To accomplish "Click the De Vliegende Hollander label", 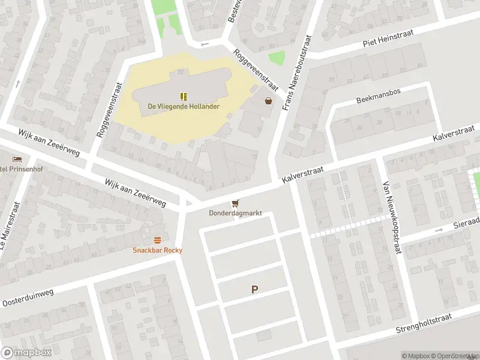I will tap(184, 107).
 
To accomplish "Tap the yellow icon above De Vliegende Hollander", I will tap(184, 96).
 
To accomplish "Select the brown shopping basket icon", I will tap(268, 101).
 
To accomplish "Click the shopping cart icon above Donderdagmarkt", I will tap(235, 203).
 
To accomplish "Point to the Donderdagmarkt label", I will tap(235, 214).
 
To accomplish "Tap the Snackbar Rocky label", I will tap(157, 250).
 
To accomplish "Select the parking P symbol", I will tap(254, 290).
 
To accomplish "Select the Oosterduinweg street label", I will tap(28, 297).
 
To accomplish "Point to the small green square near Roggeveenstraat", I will tap(277, 58).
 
